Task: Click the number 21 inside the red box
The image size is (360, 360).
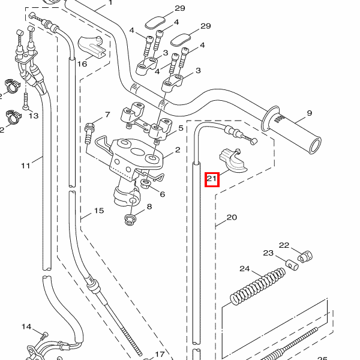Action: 212,178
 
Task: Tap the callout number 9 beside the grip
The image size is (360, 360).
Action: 310,113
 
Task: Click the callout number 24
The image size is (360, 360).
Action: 244,268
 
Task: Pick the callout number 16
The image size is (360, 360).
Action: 82,63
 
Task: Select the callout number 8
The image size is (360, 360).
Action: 149,207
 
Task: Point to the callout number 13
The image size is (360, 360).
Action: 33,115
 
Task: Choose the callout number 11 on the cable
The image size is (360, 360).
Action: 25,165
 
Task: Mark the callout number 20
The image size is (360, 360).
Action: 232,217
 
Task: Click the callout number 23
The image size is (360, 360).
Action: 268,253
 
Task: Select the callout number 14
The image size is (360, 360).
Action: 26,326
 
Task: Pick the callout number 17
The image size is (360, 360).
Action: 160,354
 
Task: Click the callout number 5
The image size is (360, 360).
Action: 181,128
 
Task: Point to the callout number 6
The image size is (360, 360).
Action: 161,193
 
